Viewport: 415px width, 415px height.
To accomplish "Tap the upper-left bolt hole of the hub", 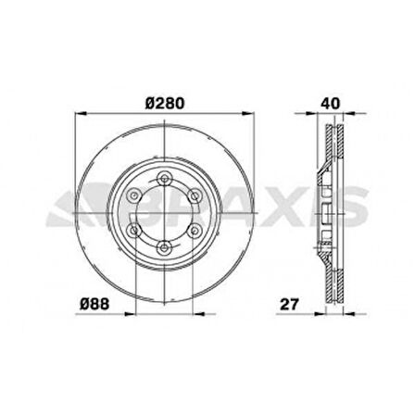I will click(x=133, y=195).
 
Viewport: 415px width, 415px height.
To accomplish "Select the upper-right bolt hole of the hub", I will click(x=191, y=195).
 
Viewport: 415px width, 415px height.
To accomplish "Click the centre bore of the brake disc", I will click(x=162, y=211).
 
